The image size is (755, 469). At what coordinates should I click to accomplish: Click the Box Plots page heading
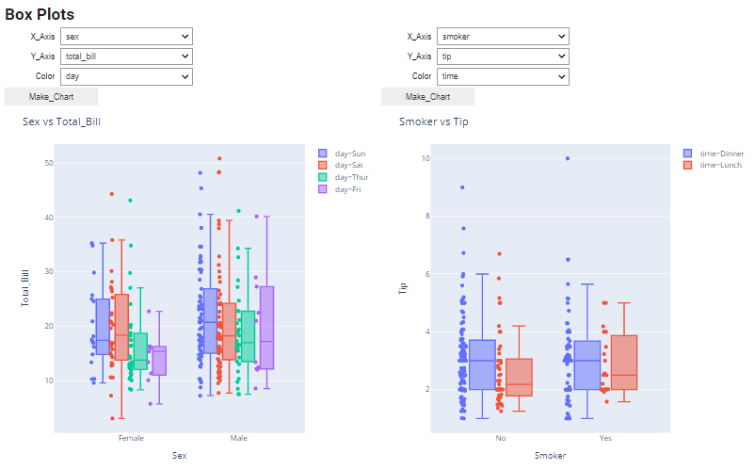click(x=40, y=14)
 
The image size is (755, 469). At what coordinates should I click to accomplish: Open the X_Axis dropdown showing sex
click(x=126, y=37)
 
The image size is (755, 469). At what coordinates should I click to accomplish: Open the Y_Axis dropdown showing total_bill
click(x=126, y=57)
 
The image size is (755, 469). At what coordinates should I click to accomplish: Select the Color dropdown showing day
click(x=126, y=76)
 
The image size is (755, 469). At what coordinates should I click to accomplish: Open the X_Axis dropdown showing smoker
click(x=503, y=37)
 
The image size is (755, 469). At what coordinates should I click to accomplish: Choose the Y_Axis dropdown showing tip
click(x=503, y=57)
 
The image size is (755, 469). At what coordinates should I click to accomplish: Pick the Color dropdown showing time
click(x=503, y=76)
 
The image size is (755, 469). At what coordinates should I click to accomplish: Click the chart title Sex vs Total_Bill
click(x=61, y=121)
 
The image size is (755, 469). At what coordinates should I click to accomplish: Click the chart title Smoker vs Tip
click(x=433, y=121)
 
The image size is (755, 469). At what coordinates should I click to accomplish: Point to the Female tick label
click(x=131, y=439)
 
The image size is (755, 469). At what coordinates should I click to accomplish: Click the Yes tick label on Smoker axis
click(x=605, y=439)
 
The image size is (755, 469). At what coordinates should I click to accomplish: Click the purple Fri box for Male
click(x=266, y=328)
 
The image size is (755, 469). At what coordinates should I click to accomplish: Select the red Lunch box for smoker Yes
click(x=623, y=362)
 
